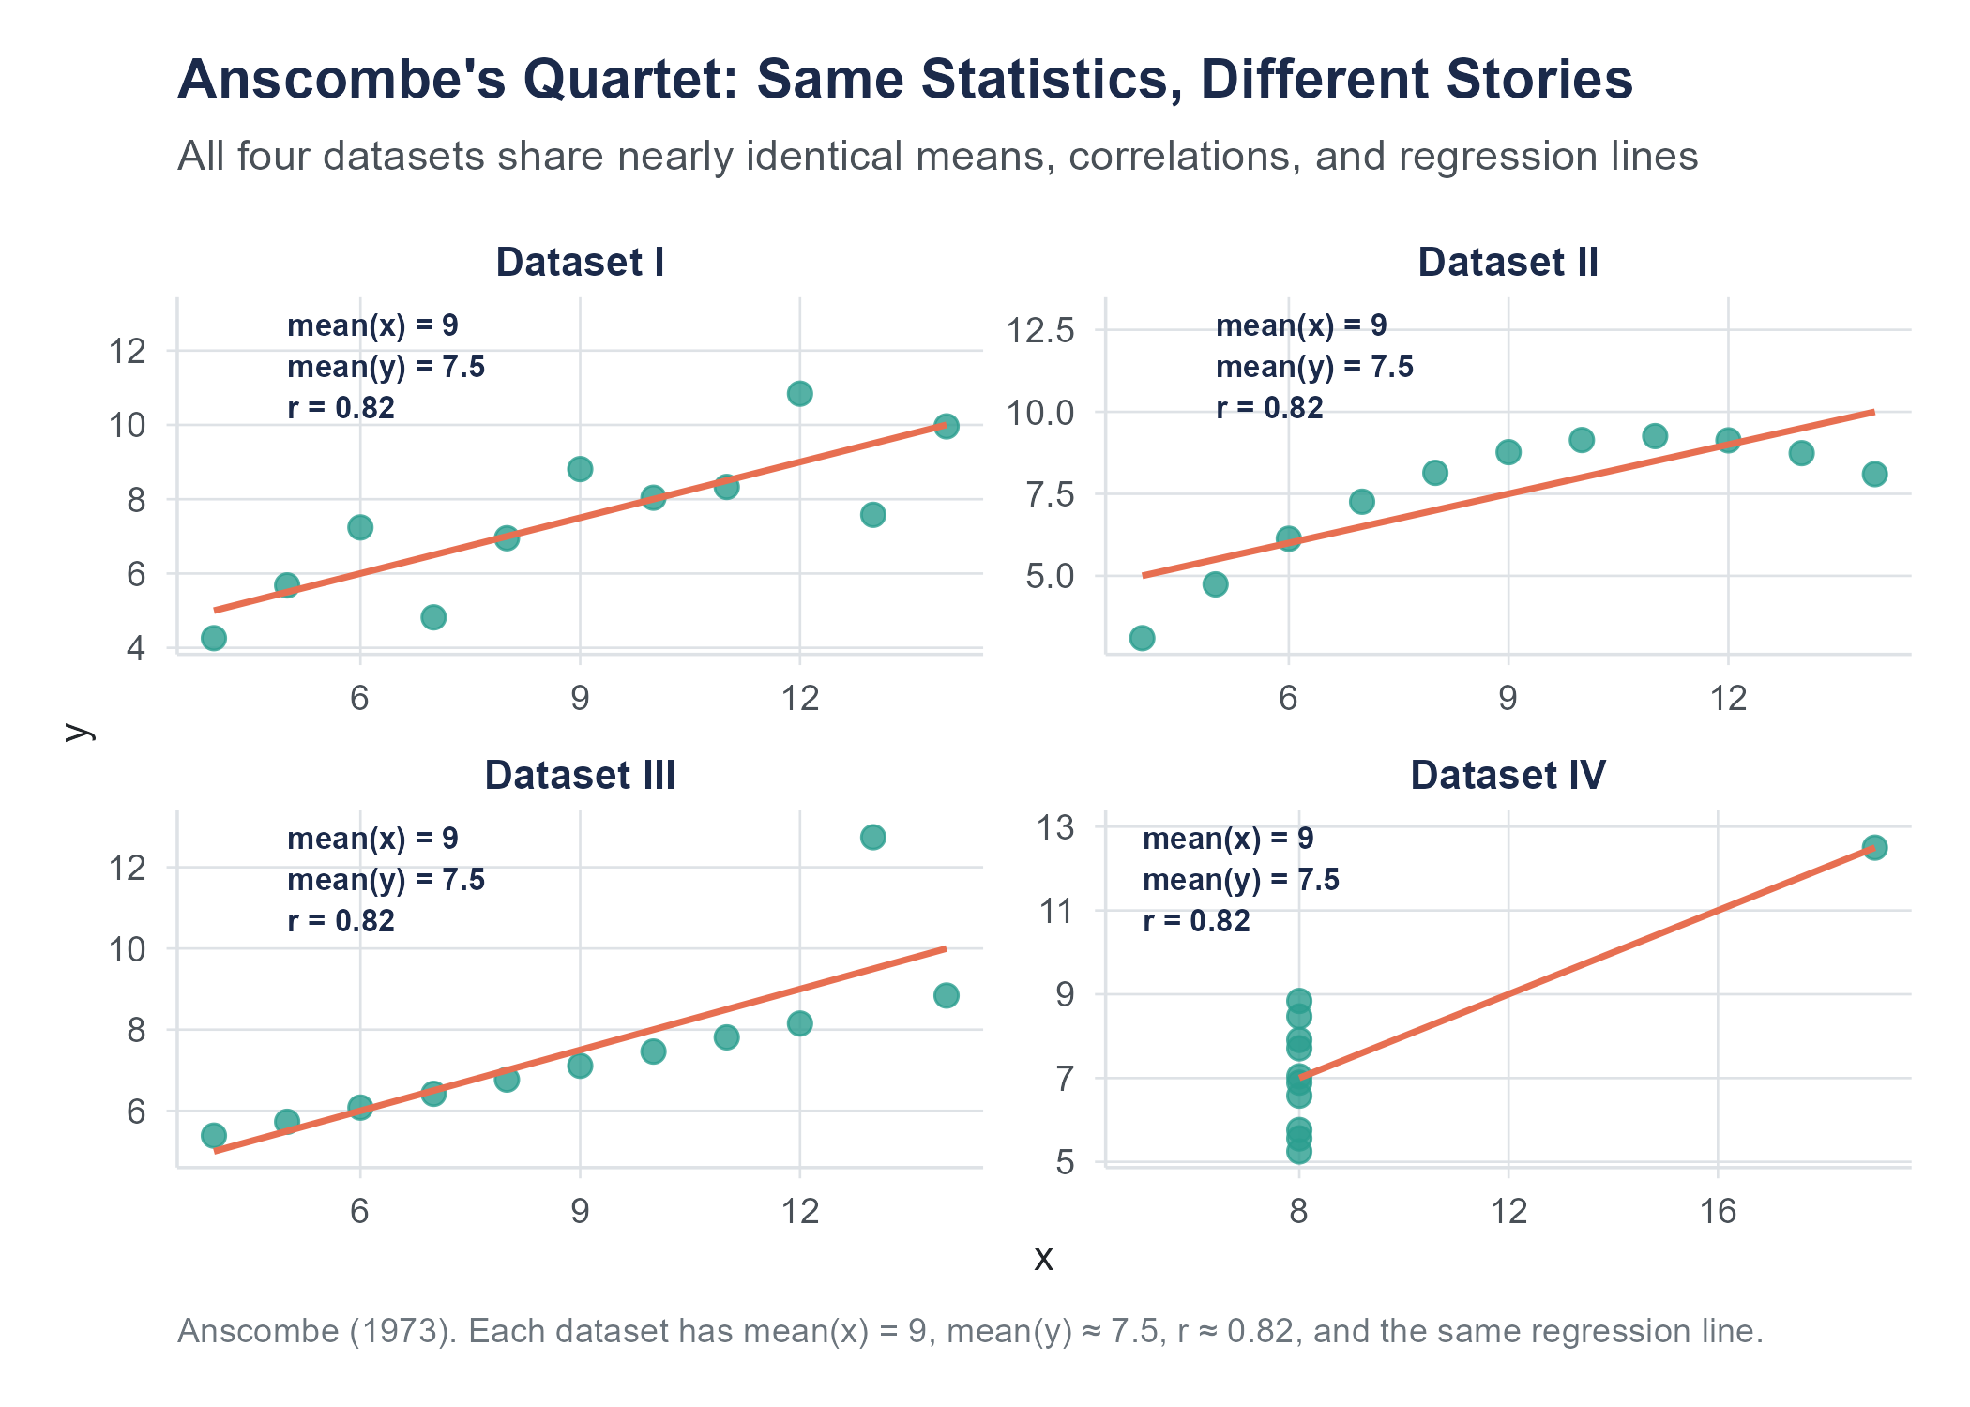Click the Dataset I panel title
pos(580,262)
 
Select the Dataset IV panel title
pos(1508,775)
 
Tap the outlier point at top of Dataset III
pos(872,837)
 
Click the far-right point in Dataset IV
pos(1874,848)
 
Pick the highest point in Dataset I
pos(799,393)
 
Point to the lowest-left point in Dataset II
pos(1142,638)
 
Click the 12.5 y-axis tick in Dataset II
pos(1040,330)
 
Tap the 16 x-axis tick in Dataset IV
pos(1718,1211)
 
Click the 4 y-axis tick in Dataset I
pos(137,647)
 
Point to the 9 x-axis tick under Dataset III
pos(580,1211)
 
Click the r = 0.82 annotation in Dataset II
pos(1269,408)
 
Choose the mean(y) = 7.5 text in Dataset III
pos(386,880)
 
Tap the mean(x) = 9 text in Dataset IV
pos(1228,839)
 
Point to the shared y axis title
pos(80,732)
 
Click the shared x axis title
pos(1043,1258)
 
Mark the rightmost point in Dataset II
pos(1874,474)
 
